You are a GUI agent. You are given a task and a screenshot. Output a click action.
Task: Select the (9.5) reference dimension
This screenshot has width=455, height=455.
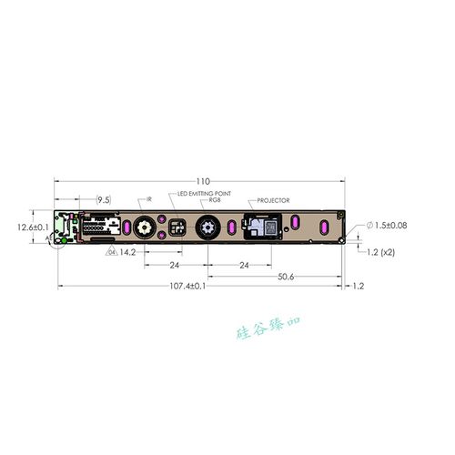(104, 198)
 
